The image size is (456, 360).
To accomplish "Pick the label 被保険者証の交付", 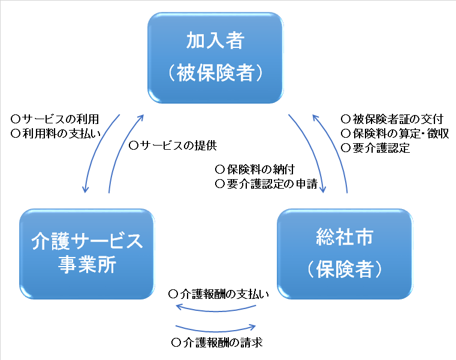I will click(397, 119).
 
